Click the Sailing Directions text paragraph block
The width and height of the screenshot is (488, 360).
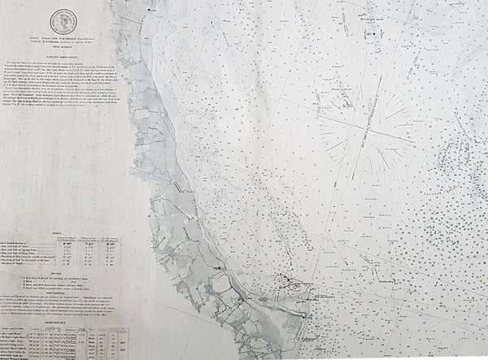[65, 106]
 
